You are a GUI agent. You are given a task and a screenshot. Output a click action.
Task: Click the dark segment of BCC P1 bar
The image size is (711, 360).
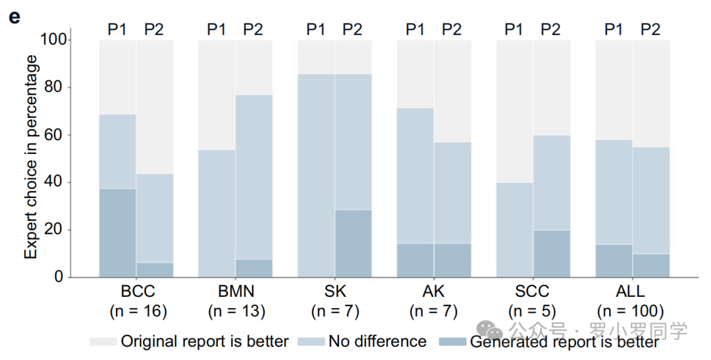coord(117,232)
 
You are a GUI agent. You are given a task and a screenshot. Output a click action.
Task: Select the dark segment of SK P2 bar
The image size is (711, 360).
coord(354,243)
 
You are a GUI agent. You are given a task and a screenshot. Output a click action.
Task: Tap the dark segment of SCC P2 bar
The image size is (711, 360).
coord(552,253)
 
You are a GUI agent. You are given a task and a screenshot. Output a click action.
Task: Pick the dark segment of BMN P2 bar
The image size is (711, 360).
coord(254,268)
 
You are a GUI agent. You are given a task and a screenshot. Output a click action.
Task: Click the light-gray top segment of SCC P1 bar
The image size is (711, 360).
coord(515,111)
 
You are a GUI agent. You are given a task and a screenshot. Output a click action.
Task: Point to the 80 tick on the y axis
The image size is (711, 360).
coord(68,88)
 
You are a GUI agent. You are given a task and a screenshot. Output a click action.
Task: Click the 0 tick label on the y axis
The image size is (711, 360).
coord(59,276)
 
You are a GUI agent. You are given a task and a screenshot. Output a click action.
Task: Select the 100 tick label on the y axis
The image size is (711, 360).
coord(53,39)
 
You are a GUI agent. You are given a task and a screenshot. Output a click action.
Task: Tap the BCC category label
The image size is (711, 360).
coord(138,291)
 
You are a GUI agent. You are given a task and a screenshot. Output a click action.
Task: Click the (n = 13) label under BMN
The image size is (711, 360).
coord(237,311)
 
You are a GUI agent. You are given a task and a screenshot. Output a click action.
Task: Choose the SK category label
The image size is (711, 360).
coord(335,291)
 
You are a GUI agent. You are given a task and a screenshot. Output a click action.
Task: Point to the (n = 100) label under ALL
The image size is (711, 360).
coord(631,311)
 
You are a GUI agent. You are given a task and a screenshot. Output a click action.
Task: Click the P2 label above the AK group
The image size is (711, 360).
coord(452,30)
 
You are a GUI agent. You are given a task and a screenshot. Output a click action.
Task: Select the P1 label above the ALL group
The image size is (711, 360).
coord(614,30)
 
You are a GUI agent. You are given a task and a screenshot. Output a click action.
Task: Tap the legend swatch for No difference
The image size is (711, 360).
coord(311,342)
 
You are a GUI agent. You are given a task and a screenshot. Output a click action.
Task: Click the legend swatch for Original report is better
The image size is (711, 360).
coord(103,342)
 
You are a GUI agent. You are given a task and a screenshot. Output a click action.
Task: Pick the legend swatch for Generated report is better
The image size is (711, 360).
coord(453,342)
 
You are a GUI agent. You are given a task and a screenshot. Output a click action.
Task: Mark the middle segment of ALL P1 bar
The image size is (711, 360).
coord(614,192)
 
